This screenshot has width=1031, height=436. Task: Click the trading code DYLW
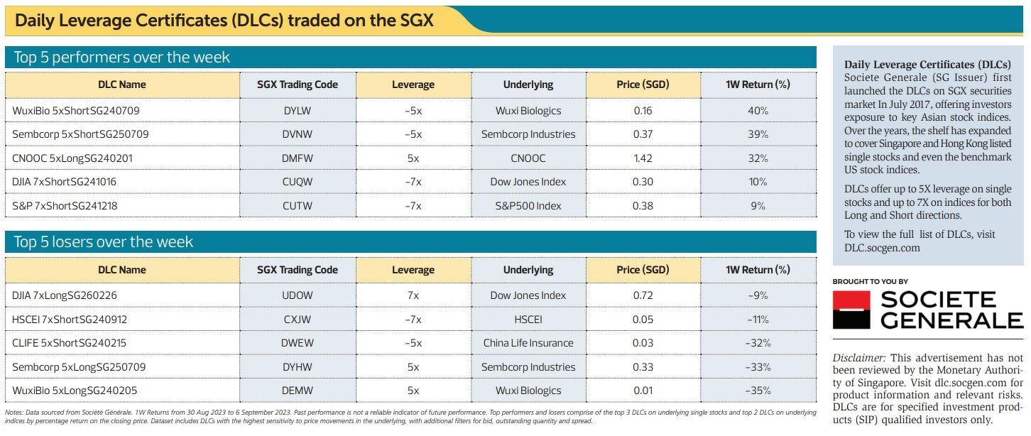(298, 111)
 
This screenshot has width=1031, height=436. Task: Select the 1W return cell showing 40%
(758, 111)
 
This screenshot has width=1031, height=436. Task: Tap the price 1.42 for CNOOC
(643, 158)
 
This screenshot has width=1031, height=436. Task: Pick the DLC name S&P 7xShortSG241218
(65, 206)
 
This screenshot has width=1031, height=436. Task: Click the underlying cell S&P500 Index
(528, 206)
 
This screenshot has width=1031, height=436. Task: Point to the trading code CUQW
(298, 182)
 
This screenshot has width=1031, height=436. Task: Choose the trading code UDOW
(298, 295)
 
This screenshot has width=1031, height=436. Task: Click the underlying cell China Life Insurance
(528, 343)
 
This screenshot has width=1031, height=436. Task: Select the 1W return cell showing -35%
(758, 391)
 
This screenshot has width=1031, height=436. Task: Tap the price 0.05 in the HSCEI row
(643, 320)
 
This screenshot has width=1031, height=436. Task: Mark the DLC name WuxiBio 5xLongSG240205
(75, 391)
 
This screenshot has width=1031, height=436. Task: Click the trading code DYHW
(298, 367)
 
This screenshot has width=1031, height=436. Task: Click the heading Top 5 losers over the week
(104, 242)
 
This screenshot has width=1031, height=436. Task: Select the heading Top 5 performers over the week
(122, 58)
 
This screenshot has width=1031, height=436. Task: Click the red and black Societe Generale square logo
(851, 310)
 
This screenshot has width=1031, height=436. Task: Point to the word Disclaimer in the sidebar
(858, 358)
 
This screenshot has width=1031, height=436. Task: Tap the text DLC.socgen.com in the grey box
(882, 248)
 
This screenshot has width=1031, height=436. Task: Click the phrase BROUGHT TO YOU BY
(870, 282)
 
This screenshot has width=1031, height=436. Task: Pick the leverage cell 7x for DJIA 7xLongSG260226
(413, 295)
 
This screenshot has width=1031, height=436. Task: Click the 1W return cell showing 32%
(758, 158)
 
